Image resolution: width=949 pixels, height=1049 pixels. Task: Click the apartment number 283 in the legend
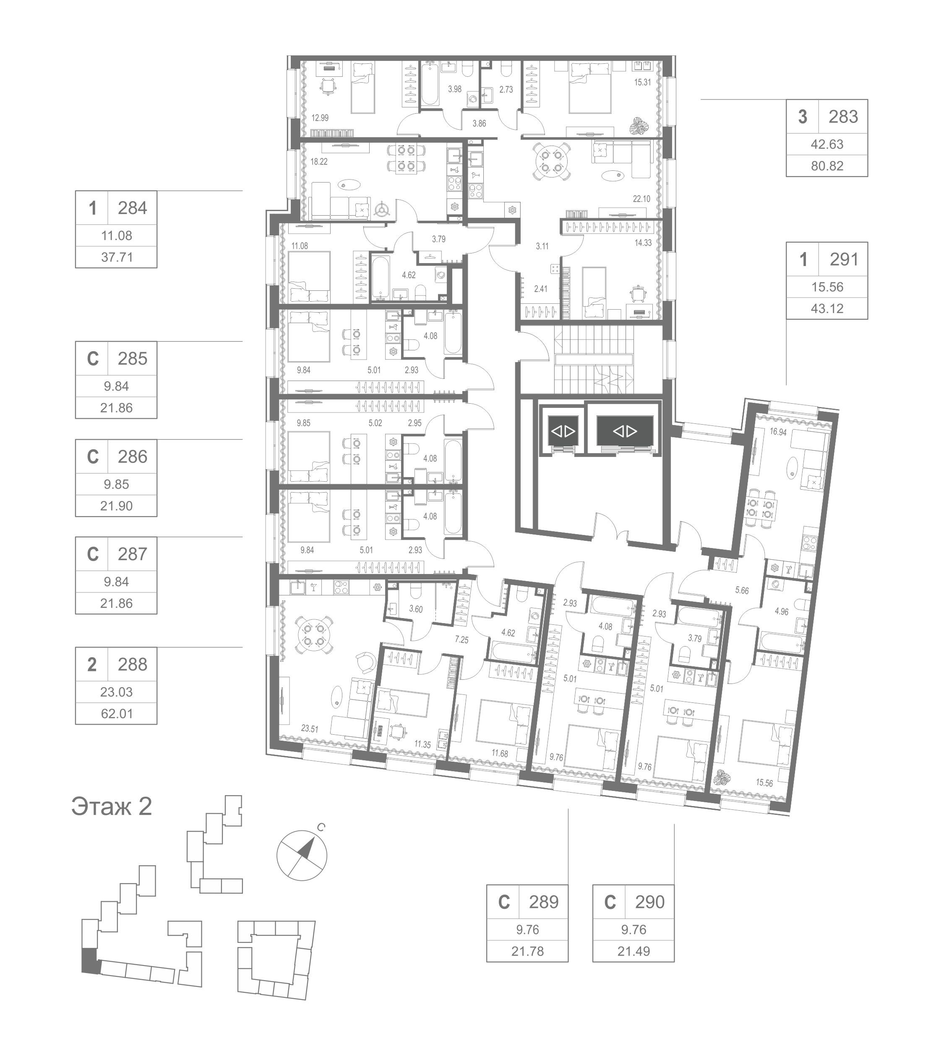click(843, 117)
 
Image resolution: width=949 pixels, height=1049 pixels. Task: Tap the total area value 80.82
click(827, 166)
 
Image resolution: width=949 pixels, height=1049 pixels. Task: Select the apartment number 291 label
click(844, 259)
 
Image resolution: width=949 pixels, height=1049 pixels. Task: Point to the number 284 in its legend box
click(133, 208)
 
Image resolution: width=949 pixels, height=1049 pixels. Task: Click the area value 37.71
click(117, 257)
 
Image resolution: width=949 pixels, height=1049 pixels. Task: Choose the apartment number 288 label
click(133, 665)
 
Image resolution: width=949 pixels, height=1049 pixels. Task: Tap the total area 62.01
click(117, 713)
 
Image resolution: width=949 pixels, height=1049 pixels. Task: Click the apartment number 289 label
click(544, 902)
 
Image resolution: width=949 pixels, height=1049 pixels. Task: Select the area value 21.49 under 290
click(634, 951)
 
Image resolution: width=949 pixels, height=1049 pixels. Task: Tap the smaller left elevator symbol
click(563, 431)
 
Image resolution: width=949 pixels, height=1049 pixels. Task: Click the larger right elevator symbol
click(625, 431)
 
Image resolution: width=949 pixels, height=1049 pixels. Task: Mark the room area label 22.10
click(641, 199)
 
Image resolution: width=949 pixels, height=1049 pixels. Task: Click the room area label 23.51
click(310, 729)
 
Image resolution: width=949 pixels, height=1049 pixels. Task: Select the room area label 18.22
click(319, 162)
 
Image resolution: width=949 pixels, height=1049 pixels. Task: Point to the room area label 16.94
click(778, 431)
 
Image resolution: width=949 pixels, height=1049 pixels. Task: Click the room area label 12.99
click(320, 118)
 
